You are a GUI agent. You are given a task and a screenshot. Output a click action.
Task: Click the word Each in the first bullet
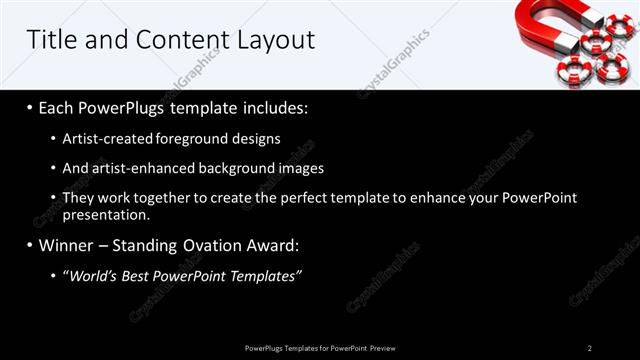click(x=59, y=108)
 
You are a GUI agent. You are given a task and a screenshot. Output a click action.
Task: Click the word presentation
click(x=105, y=214)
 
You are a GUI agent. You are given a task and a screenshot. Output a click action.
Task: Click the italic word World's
click(x=91, y=275)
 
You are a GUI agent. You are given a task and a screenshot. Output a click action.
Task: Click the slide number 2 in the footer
click(x=589, y=347)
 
